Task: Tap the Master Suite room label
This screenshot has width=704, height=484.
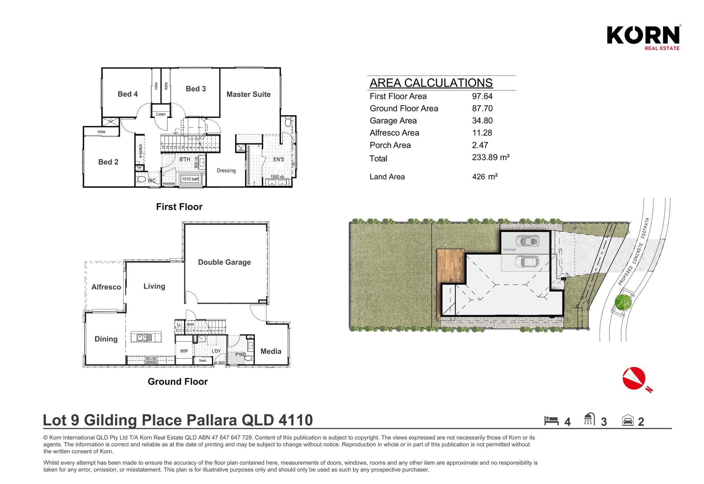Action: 248,94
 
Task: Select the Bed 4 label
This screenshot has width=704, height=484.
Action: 128,94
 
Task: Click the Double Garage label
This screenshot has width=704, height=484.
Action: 224,262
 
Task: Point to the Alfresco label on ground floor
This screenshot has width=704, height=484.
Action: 106,287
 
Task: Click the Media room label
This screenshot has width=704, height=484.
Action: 271,351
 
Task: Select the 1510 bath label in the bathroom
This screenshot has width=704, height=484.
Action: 190,179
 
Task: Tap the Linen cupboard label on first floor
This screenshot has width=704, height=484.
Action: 161,114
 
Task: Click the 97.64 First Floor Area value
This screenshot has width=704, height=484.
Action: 482,96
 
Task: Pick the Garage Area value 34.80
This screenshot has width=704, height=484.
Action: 482,121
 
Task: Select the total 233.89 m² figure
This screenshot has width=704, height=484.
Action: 491,158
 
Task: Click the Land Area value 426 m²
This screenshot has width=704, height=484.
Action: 485,177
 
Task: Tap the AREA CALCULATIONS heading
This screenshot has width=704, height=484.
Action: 431,83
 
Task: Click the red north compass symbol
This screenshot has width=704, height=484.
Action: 634,379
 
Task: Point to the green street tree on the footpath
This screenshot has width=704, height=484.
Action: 623,302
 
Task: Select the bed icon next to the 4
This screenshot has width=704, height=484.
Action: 551,420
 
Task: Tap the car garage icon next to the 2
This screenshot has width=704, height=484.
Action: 628,420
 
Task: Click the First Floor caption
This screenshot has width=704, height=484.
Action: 179,207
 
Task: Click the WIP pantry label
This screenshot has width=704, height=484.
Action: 184,351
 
